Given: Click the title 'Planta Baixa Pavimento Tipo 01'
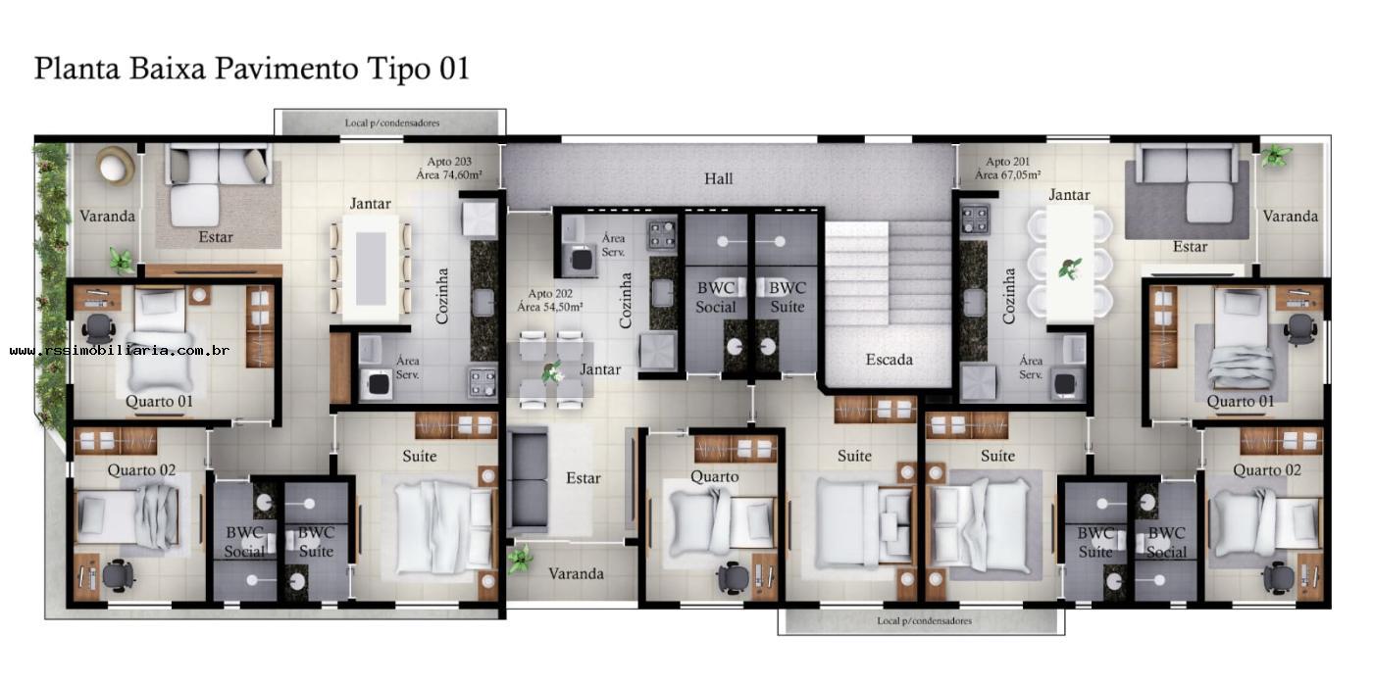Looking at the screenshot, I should coord(252,69).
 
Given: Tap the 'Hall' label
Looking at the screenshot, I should coord(718,178).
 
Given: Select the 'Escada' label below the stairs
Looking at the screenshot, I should coord(889,360).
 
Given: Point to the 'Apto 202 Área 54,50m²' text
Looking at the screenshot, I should coord(550,300).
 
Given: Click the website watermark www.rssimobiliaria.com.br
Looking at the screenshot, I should coord(120,350).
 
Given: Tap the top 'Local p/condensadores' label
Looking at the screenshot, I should coord(391,123).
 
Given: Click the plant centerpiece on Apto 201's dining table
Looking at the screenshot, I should coord(1070,268).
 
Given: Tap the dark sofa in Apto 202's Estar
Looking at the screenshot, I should coord(528,480).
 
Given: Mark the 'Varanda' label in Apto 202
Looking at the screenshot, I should coord(576,573).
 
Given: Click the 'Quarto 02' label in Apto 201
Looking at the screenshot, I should coord(1266,470).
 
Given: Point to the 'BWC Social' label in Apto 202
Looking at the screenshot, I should coord(716,297).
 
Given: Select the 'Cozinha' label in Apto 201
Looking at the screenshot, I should coord(1009,296).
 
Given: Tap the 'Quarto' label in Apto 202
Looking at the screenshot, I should coord(714,477).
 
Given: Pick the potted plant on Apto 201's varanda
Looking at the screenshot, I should coord(1276,155).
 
